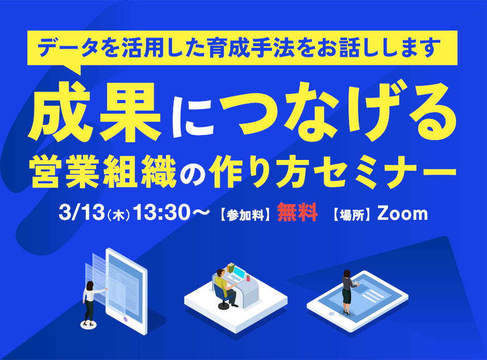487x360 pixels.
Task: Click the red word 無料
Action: click(297, 212)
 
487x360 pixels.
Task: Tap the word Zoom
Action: click(402, 214)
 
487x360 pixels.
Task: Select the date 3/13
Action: click(81, 213)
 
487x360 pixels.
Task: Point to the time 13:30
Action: click(161, 213)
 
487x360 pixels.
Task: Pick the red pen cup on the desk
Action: click(248, 278)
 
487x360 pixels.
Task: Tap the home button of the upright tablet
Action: click(125, 319)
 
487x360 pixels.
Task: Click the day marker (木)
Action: click(118, 215)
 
